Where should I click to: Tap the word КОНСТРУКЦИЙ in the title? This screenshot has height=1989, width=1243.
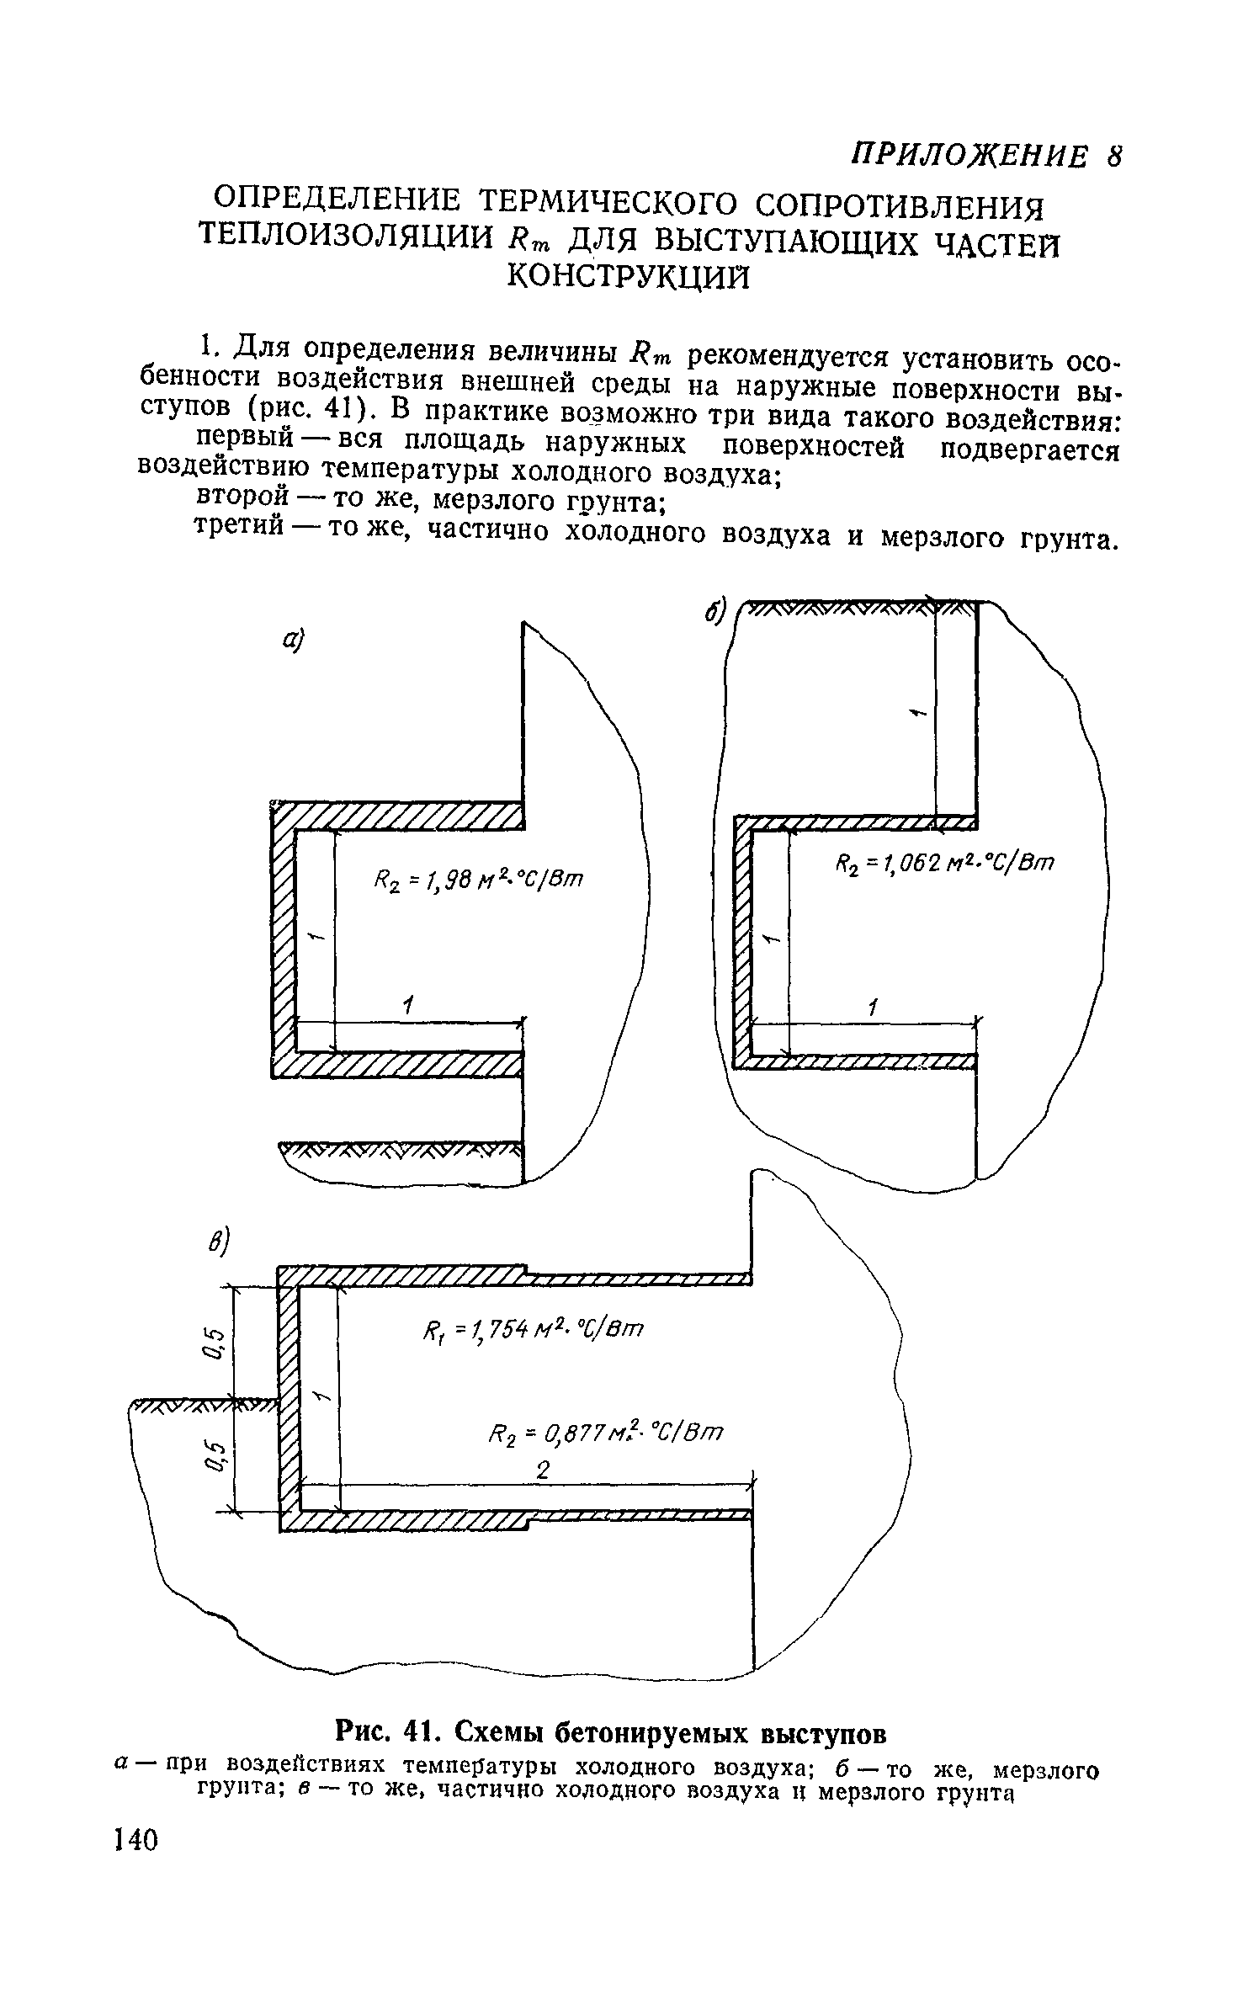[x=628, y=275]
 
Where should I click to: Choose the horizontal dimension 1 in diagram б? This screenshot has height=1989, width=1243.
[x=873, y=1008]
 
